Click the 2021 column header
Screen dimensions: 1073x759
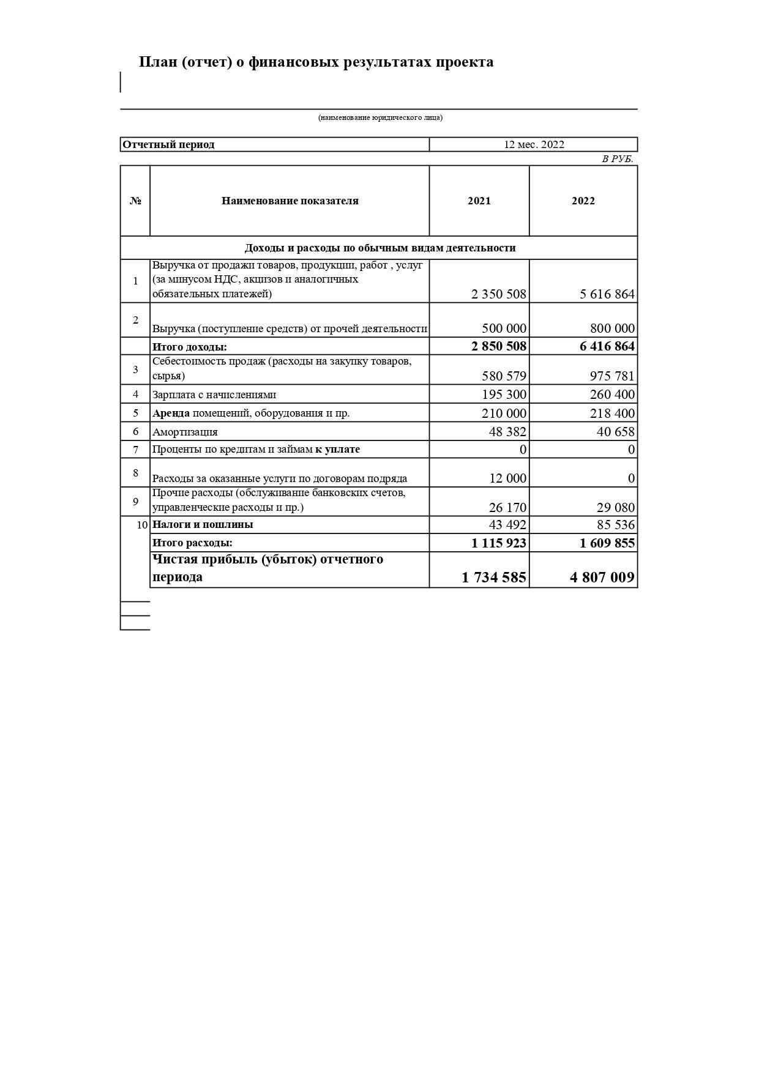pyautogui.click(x=479, y=201)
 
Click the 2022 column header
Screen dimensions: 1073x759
pyautogui.click(x=583, y=201)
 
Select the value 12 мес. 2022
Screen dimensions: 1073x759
pyautogui.click(x=534, y=144)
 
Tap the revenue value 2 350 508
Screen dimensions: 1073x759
pyautogui.click(x=498, y=294)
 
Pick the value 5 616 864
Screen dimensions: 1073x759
pyautogui.click(x=607, y=294)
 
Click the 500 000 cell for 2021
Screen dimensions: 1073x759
pyautogui.click(x=504, y=329)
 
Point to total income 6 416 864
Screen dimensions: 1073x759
pyautogui.click(x=607, y=346)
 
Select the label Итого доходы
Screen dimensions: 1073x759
pyautogui.click(x=189, y=347)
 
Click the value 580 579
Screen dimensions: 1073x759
pyautogui.click(x=504, y=376)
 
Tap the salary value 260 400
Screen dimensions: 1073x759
pyautogui.click(x=612, y=395)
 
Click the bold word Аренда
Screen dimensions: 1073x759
pyautogui.click(x=171, y=413)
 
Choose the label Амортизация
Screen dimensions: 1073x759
pyautogui.click(x=185, y=432)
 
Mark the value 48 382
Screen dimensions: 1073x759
pyautogui.click(x=507, y=432)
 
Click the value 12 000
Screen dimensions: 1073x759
pyautogui.click(x=507, y=478)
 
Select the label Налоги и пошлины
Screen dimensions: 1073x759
pyautogui.click(x=203, y=524)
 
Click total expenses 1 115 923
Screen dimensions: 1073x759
pyautogui.click(x=498, y=543)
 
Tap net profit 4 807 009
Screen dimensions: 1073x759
pyautogui.click(x=602, y=577)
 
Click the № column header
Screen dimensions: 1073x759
pyautogui.click(x=135, y=201)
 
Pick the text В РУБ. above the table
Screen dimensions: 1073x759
pyautogui.click(x=617, y=159)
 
